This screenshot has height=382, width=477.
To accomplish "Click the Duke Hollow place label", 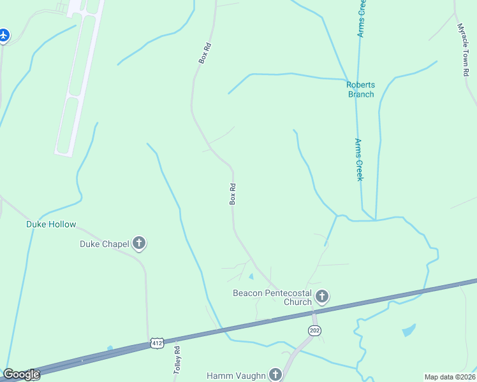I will [51, 225].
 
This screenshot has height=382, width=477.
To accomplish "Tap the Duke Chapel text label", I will [105, 243].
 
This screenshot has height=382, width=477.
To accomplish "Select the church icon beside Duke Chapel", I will [139, 243].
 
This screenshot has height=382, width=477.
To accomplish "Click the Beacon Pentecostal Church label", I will [272, 297].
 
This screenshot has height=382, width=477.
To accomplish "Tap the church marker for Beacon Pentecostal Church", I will [322, 296].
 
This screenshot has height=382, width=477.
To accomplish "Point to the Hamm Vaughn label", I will [236, 376].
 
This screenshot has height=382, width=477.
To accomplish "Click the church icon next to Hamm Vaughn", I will [275, 374].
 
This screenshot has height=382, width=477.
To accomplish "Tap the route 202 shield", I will [314, 330].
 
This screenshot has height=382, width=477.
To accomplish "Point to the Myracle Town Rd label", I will [464, 50].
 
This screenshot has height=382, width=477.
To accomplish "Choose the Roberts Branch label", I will [361, 90].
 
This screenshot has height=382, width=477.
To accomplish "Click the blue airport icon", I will [4, 35].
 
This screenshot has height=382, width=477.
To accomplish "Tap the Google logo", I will [21, 374].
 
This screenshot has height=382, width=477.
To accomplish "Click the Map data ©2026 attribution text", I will [450, 377].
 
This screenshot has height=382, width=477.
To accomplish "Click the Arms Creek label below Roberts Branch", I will [359, 159].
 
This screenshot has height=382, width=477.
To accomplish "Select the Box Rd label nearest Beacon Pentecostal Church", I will [233, 194].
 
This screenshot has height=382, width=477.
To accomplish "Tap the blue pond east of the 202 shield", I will [408, 330].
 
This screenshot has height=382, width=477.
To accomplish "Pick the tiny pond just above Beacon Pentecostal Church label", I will [251, 276].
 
